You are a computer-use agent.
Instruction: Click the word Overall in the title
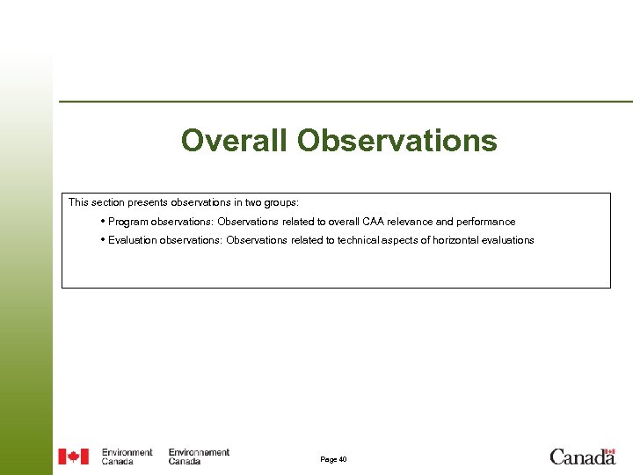pyautogui.click(x=235, y=141)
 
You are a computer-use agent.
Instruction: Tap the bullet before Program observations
pyautogui.click(x=103, y=222)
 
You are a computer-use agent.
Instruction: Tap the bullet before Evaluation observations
pyautogui.click(x=103, y=239)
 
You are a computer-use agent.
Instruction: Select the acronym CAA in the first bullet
pyautogui.click(x=387, y=222)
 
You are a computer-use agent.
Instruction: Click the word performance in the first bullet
pyautogui.click(x=485, y=222)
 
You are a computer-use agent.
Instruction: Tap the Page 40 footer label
pyautogui.click(x=333, y=459)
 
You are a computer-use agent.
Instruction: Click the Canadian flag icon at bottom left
pyautogui.click(x=74, y=457)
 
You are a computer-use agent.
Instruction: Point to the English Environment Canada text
pyautogui.click(x=127, y=457)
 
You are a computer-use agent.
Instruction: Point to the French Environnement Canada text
pyautogui.click(x=199, y=457)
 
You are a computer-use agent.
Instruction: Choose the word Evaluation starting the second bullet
pyautogui.click(x=132, y=240)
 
